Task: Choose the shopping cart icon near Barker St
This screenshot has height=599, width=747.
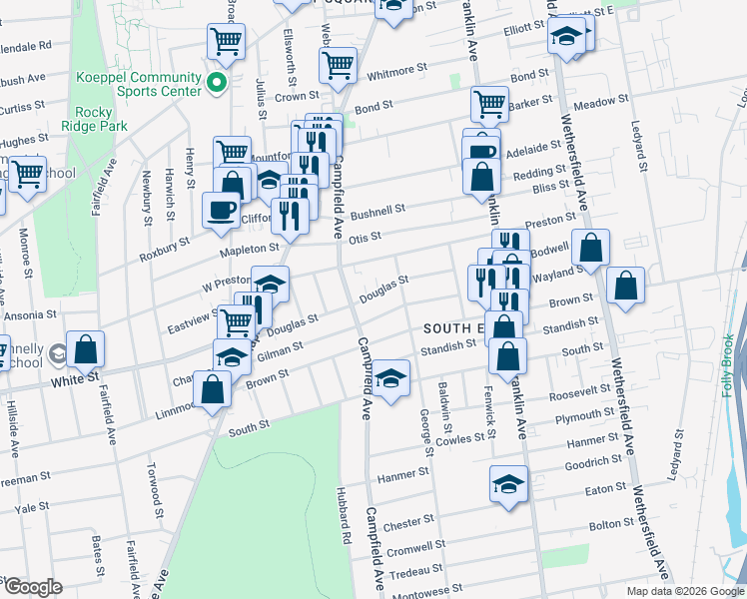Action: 489,104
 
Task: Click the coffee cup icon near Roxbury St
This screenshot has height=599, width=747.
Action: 221,211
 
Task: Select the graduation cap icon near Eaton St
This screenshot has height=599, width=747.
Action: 508,484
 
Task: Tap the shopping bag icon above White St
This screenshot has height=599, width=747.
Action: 87,349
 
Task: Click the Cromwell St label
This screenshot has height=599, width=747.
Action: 415,547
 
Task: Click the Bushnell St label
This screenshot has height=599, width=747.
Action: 376,211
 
